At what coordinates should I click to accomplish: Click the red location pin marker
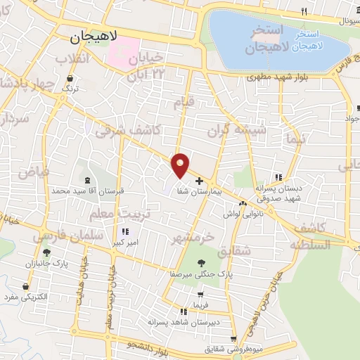point(181,165)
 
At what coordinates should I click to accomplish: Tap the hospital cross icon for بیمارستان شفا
point(199,181)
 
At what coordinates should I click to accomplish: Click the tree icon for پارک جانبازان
point(47,252)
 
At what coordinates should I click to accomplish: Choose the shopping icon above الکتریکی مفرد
point(27,287)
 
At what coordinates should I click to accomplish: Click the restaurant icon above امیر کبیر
point(126,231)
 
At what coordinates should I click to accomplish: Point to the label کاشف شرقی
point(128,131)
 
